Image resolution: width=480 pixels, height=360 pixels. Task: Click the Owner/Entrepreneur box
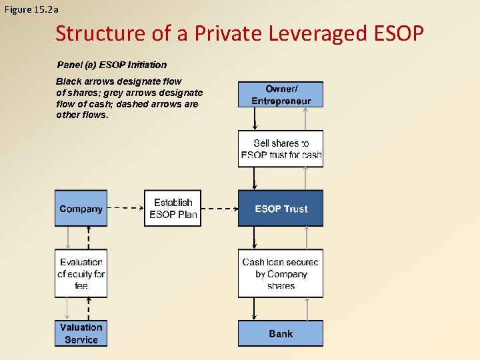point(281,95)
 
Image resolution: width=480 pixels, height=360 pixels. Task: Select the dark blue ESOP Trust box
point(281,209)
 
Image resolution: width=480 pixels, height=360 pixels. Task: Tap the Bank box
point(281,333)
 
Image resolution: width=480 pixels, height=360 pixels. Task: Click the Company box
point(81,209)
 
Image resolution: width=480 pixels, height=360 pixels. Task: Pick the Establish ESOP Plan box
point(173,209)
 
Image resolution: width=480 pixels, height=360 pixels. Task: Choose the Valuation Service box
point(81,333)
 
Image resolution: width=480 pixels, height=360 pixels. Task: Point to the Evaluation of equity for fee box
point(81,273)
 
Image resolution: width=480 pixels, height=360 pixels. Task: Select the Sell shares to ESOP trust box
point(281,149)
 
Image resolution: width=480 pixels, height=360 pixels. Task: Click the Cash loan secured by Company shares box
point(281,273)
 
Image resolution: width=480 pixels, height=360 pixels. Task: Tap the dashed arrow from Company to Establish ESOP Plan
point(125,208)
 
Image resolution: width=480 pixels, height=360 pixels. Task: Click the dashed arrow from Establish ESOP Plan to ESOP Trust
point(219,208)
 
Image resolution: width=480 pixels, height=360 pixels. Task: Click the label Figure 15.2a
point(31,9)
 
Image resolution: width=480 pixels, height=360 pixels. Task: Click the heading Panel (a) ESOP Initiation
point(111,65)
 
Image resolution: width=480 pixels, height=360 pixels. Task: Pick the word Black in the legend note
point(69,81)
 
